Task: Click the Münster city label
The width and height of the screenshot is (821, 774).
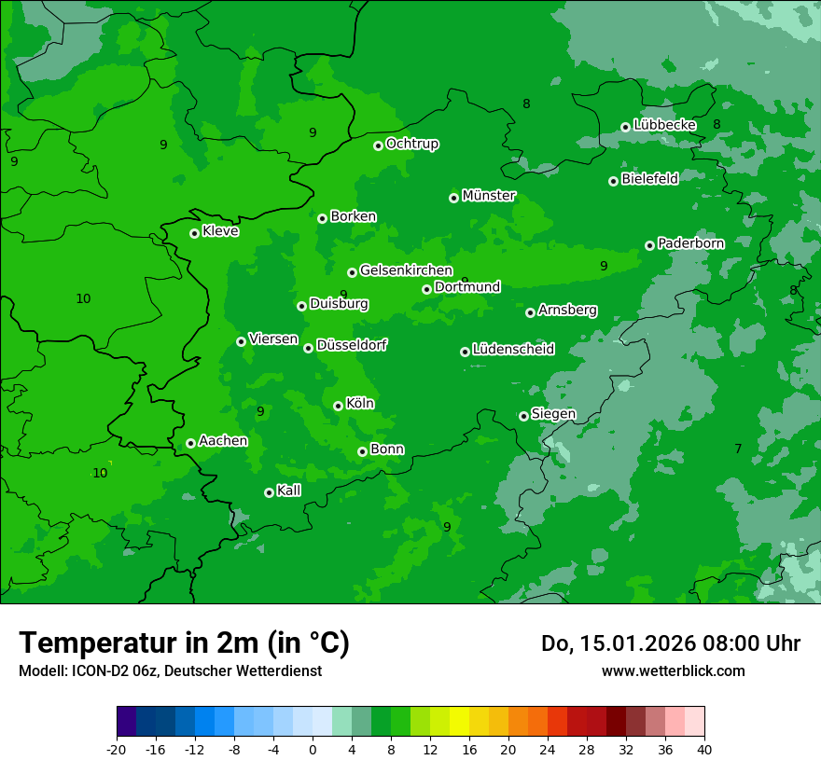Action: click(489, 196)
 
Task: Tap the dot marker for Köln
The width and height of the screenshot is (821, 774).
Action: click(338, 406)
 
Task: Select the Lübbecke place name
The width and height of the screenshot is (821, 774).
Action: click(664, 125)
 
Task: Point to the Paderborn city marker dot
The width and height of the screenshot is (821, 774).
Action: click(649, 245)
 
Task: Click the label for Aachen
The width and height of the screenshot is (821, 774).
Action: click(223, 441)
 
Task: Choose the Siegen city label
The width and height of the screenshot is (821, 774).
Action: click(553, 414)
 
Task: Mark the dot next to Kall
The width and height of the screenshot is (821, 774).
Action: click(269, 492)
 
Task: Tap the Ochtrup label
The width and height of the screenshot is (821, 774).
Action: click(412, 144)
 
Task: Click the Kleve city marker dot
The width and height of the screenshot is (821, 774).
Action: click(194, 233)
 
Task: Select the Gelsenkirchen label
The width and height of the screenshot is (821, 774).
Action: click(406, 270)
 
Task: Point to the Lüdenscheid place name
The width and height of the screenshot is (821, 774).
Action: click(513, 350)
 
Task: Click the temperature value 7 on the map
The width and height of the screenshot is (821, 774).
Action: click(738, 449)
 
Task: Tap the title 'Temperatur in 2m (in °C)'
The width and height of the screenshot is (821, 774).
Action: click(184, 643)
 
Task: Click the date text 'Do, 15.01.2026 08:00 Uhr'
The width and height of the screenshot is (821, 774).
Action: click(671, 643)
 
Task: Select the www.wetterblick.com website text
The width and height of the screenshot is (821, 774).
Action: click(673, 670)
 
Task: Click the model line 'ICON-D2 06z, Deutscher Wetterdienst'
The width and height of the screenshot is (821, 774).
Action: click(170, 670)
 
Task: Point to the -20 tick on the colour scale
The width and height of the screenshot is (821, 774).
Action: click(117, 749)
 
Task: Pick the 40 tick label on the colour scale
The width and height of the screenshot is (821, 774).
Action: click(703, 749)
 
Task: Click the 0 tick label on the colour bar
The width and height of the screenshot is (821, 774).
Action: click(313, 749)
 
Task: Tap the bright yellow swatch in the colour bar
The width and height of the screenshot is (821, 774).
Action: click(459, 722)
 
